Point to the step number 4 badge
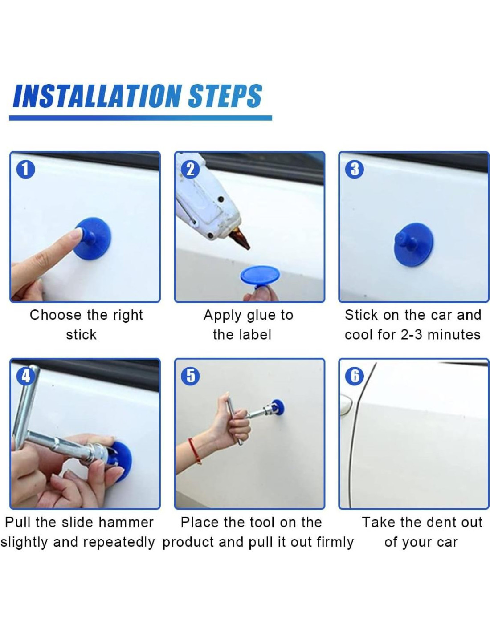pos(26,376)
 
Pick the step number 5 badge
pos(190,376)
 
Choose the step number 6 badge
pos(355,376)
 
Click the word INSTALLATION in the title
pos(97,96)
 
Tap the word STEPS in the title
pos(225,96)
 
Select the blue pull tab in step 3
pos(413,245)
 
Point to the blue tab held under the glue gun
pos(260,278)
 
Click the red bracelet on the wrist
pos(194,451)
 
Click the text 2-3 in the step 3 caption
pos(411,335)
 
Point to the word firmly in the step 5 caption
pos(335,542)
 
